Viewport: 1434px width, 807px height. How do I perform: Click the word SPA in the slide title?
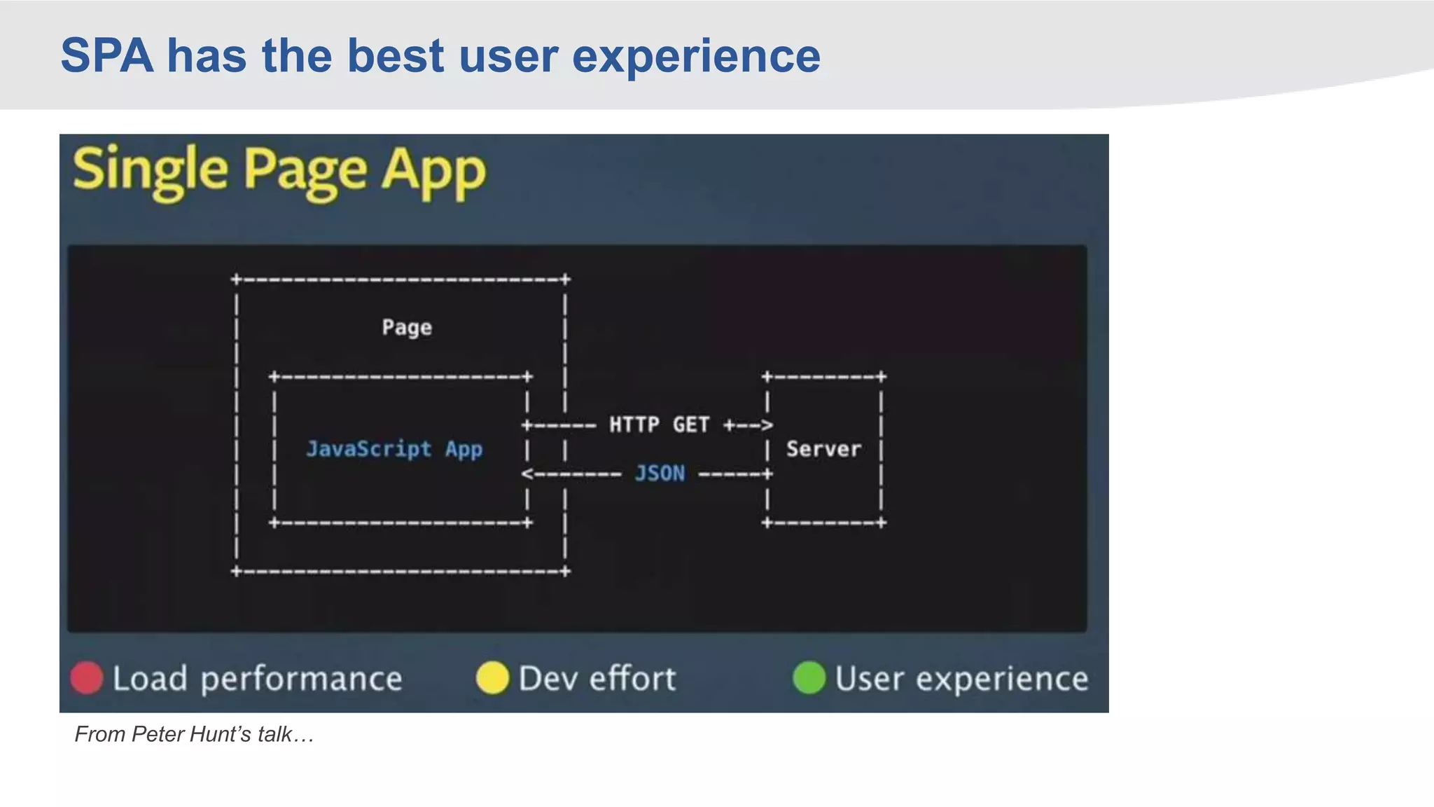click(x=106, y=56)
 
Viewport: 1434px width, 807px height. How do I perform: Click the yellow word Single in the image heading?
click(x=151, y=170)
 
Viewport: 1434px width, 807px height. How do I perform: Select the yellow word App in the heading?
click(x=433, y=172)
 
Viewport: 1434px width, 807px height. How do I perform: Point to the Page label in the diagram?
click(x=407, y=327)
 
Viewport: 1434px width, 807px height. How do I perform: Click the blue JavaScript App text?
click(x=394, y=448)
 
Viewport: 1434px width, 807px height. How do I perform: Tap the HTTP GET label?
click(x=659, y=425)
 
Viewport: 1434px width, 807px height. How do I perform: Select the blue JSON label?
click(x=660, y=474)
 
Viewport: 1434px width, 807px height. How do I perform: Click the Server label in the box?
click(x=823, y=449)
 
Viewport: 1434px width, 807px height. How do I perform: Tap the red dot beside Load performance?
click(x=87, y=678)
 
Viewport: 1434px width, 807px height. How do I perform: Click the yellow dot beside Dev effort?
click(x=492, y=678)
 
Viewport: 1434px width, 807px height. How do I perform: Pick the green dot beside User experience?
click(x=809, y=678)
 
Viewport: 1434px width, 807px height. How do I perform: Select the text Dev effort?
click(x=597, y=678)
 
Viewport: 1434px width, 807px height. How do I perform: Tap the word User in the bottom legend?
click(x=869, y=678)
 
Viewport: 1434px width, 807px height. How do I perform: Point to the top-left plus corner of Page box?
click(x=236, y=280)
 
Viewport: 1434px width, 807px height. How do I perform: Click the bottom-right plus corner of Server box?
click(x=881, y=523)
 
